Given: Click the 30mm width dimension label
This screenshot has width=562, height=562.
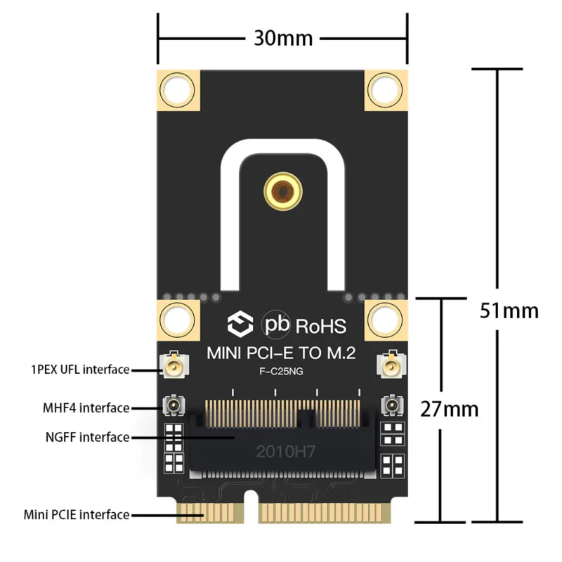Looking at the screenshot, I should pos(283,37).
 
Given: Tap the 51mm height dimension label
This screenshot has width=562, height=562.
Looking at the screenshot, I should pos(509,309).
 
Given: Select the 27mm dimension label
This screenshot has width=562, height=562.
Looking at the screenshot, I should pos(449,407).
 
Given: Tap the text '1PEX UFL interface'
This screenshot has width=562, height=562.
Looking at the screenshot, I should pos(80,369).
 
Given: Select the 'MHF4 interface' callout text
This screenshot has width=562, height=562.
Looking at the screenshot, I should pos(86,407).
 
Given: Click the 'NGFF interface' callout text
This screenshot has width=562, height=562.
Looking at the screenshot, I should pos(87,437).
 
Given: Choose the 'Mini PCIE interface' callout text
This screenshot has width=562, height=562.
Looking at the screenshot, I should pos(77,515).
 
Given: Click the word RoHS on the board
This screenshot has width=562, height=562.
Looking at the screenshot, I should pos(321,326).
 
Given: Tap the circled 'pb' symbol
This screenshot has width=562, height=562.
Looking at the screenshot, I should pos(275,325).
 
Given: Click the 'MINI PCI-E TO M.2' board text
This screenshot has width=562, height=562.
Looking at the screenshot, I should pos(281,354).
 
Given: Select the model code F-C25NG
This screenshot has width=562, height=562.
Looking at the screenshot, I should pos(281,372).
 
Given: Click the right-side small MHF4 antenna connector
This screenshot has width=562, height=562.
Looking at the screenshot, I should pos(389,406).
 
